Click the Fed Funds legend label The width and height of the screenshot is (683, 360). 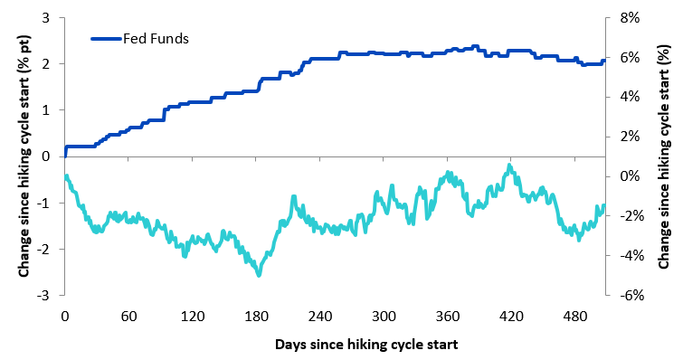point(156,39)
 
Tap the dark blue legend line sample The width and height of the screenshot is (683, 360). point(106,39)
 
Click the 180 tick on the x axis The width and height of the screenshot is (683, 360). point(256,316)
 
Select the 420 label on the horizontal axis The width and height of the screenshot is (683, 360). point(511,316)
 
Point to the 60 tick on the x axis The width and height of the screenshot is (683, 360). point(128,316)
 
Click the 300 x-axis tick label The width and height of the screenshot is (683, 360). point(384,316)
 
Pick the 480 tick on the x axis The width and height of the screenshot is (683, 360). point(575,316)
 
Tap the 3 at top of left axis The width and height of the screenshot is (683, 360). point(46,18)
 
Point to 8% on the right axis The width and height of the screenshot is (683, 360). point(630,18)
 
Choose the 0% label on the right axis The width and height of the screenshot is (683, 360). point(630,176)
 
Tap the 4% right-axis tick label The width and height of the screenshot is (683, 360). point(630,97)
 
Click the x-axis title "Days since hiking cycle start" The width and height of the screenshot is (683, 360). point(366,345)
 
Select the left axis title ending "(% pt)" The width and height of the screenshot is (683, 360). point(24,156)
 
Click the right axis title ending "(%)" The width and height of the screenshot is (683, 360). point(663,156)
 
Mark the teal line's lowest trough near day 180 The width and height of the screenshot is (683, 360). point(259,275)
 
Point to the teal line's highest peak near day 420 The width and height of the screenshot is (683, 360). point(509,166)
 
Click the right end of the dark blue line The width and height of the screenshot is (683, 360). point(604,61)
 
